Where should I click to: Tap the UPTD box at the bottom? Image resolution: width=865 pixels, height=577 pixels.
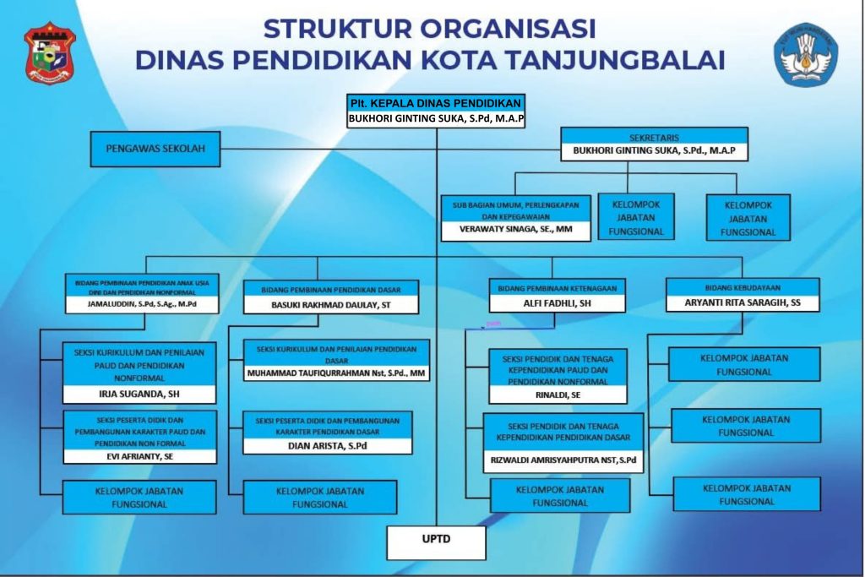[436, 542]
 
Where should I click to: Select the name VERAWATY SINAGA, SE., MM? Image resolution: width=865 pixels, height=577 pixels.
[514, 230]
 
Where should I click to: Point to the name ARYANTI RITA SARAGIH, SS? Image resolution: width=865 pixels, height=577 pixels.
[743, 302]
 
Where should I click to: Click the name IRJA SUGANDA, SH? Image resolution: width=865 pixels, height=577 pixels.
[139, 394]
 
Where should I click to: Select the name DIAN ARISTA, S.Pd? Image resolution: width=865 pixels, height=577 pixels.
[328, 446]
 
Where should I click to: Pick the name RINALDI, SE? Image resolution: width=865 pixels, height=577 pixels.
[558, 394]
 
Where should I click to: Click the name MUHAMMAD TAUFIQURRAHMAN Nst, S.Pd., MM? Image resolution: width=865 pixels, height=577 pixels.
[336, 372]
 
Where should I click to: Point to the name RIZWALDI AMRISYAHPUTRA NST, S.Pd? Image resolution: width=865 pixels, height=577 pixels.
[563, 461]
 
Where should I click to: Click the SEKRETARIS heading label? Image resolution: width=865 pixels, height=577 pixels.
[654, 137]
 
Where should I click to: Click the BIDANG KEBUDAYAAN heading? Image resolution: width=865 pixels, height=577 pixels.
[742, 286]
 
